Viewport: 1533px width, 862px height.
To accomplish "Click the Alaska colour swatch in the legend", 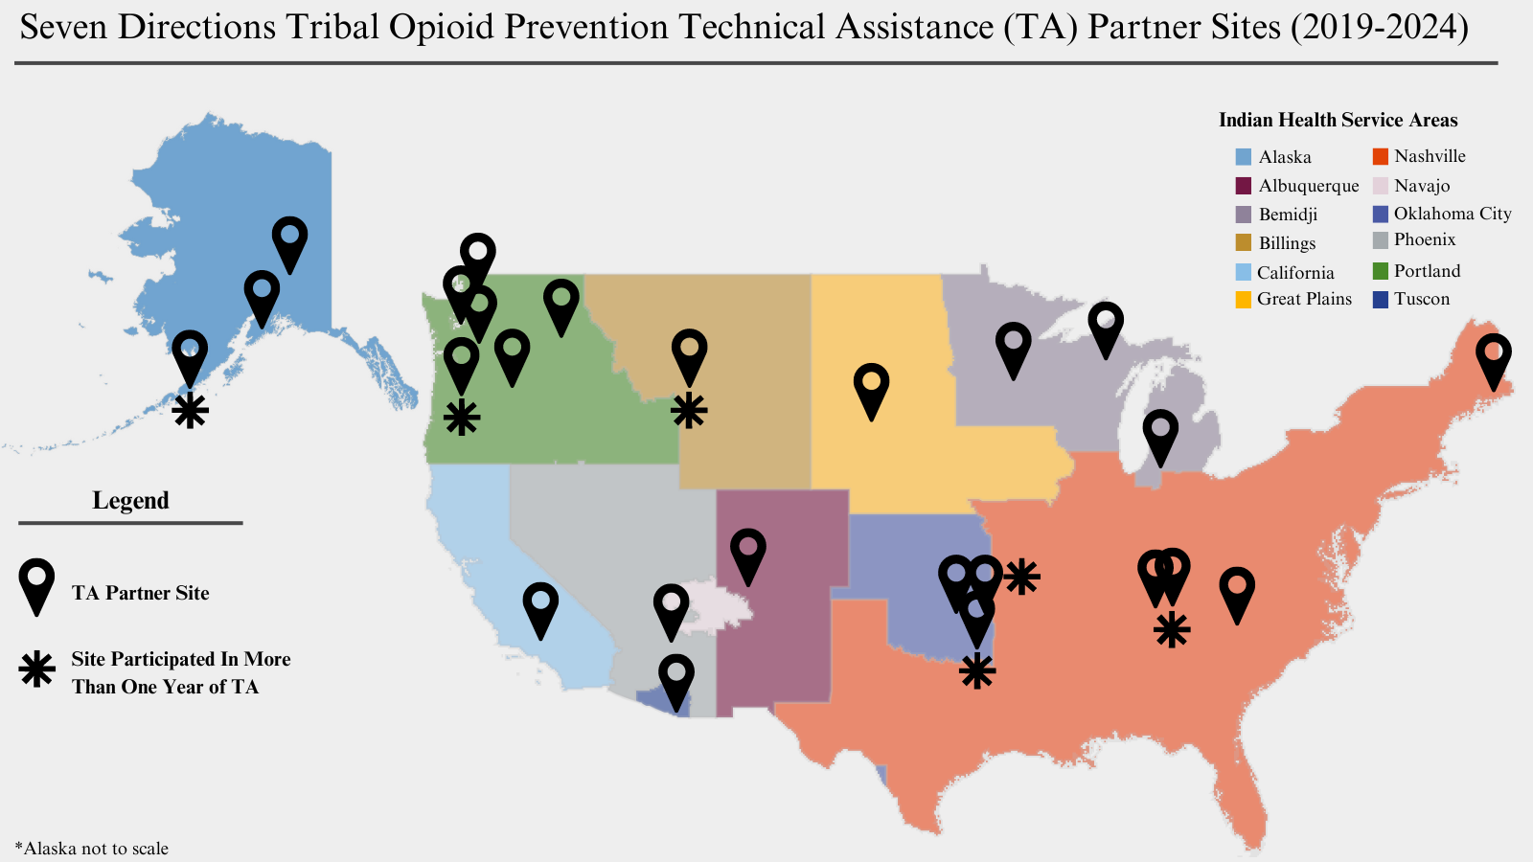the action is pos(1244,157).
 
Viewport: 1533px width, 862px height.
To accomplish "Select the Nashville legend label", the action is pos(1430,156).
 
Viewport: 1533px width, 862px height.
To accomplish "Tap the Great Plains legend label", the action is pos(1304,299).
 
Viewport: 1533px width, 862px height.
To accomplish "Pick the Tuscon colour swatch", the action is pos(1381,299).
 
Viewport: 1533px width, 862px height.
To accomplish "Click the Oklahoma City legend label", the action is pos(1453,214).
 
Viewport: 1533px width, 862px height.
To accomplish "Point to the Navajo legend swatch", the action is pos(1381,186).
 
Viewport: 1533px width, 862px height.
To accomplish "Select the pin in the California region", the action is pos(540,609).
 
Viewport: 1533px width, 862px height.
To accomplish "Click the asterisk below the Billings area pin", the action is pos(689,411).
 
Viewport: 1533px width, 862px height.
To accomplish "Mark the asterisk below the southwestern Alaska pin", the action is pos(191,411).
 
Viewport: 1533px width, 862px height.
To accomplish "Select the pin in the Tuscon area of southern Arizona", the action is pos(675,681).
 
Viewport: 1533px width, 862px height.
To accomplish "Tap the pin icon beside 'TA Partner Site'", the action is pos(37,585).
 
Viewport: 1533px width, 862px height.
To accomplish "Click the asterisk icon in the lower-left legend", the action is pos(37,669).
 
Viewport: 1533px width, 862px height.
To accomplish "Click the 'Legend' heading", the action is pos(130,501).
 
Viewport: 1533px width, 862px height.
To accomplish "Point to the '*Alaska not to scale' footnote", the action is pos(92,849).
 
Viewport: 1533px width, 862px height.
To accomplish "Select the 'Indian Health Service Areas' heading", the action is pos(1338,120).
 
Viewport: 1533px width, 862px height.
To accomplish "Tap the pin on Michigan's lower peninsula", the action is pos(1160,437).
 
